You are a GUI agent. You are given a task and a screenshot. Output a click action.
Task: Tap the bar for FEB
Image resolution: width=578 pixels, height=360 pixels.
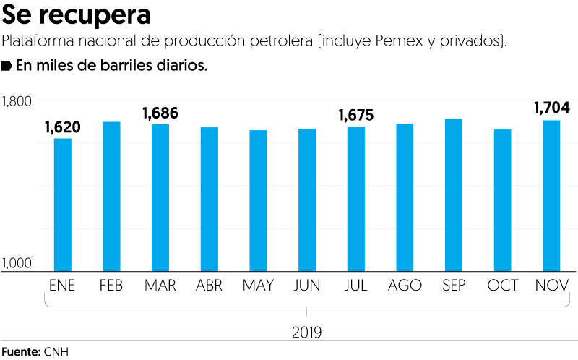(x=111, y=195)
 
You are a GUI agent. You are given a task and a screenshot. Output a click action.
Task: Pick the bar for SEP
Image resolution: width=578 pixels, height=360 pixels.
(x=454, y=194)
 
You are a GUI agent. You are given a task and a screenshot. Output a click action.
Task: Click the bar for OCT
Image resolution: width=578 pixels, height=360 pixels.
(x=503, y=200)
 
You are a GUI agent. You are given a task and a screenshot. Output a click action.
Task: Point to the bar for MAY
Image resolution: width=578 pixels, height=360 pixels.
(x=258, y=200)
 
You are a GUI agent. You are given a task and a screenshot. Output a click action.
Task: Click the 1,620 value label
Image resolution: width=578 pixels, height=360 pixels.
(x=62, y=128)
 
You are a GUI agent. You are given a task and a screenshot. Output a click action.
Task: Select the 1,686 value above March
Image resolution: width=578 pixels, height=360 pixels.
(x=160, y=113)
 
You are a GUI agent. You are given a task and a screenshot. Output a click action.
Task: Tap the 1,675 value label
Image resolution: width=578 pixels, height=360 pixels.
(x=356, y=115)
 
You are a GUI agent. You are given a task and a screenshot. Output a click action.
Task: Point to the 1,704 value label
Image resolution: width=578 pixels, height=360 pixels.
(x=552, y=108)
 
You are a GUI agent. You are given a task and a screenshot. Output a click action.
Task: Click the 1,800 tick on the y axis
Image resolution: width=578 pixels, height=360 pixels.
(x=17, y=101)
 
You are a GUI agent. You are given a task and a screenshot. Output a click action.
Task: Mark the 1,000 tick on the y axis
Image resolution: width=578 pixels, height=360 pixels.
(x=17, y=264)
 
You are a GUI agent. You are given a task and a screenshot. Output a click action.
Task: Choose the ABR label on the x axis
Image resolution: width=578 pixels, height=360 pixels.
(x=209, y=286)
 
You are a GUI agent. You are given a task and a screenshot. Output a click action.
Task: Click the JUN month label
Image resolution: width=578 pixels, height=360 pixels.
(x=307, y=286)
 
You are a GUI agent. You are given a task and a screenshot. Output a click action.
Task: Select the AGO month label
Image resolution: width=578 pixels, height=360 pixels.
(x=405, y=286)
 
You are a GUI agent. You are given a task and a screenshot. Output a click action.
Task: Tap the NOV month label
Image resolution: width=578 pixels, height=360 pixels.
(x=552, y=286)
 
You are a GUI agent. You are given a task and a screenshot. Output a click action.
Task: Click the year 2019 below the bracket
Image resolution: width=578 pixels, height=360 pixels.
(x=307, y=333)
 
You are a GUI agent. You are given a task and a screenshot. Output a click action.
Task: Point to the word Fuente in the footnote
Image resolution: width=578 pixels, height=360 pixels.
(x=20, y=352)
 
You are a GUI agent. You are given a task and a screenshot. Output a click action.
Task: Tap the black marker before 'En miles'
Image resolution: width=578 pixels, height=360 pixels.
(x=7, y=66)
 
